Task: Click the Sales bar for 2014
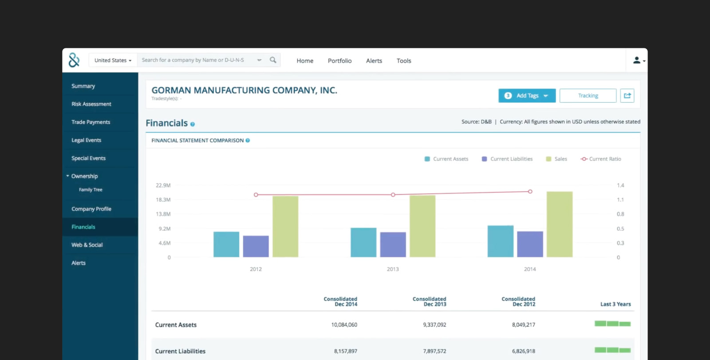(559, 224)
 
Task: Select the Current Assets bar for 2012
(226, 244)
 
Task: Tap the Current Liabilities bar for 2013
(393, 245)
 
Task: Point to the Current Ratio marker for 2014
(530, 192)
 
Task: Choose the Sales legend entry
(556, 159)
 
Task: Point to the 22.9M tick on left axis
(163, 186)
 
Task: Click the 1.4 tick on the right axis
(620, 186)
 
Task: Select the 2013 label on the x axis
(393, 269)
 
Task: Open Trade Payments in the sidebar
(91, 122)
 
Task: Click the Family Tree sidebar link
(91, 190)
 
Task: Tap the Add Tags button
(527, 96)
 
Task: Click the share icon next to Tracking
(627, 96)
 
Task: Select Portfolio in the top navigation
(339, 61)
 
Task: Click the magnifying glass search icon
(273, 60)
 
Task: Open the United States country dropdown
(113, 60)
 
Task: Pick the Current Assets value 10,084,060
(344, 325)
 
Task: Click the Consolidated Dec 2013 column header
(429, 301)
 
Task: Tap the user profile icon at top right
(637, 60)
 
